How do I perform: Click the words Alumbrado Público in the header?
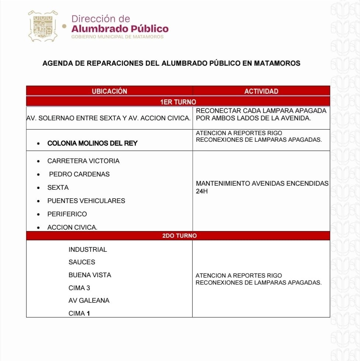pyautogui.click(x=120, y=28)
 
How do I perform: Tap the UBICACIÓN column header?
pyautogui.click(x=109, y=91)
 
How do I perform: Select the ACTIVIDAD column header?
pyautogui.click(x=261, y=91)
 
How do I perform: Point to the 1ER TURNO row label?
pyautogui.click(x=178, y=102)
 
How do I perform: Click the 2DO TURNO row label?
pyautogui.click(x=179, y=235)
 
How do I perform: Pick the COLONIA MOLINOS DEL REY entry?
pyautogui.click(x=92, y=143)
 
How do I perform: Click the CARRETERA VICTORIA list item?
pyautogui.click(x=83, y=161)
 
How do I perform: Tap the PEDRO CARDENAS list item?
pyautogui.click(x=79, y=174)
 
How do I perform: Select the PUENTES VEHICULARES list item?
pyautogui.click(x=86, y=201)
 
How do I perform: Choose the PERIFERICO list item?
pyautogui.click(x=67, y=214)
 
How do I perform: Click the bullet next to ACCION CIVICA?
pyautogui.click(x=39, y=228)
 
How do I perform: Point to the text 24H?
pyautogui.click(x=202, y=192)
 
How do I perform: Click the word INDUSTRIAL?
pyautogui.click(x=88, y=250)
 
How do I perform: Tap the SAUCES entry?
pyautogui.click(x=82, y=262)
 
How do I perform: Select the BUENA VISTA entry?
pyautogui.click(x=90, y=275)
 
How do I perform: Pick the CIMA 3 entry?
pyautogui.click(x=79, y=288)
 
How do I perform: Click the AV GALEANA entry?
pyautogui.click(x=89, y=300)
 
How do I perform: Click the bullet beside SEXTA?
pyautogui.click(x=39, y=188)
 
